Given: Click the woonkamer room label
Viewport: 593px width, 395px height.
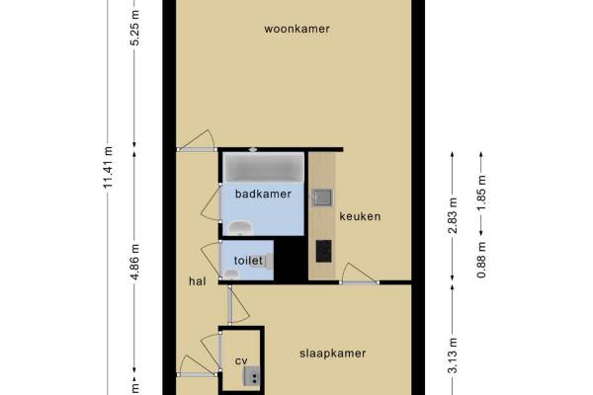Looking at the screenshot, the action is coord(296,29).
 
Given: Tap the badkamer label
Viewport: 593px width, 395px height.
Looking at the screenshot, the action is coord(263,194).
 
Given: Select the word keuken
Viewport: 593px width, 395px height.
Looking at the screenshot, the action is coord(360,216).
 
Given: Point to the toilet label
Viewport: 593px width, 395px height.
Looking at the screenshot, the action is coord(248,261).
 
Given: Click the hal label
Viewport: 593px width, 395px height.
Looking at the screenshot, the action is coord(198,281).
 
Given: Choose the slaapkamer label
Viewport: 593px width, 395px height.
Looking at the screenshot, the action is coord(333,354).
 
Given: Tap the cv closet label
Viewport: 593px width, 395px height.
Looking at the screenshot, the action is coord(241,361).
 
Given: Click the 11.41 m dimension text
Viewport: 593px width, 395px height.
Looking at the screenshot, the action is coord(108,167).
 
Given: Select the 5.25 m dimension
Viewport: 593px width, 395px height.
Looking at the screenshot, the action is coord(134,28).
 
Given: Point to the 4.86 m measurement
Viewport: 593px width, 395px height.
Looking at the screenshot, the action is coord(134,262).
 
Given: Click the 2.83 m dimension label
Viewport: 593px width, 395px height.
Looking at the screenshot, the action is coord(453,215).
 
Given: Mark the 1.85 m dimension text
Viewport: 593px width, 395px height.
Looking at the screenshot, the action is coord(481,193).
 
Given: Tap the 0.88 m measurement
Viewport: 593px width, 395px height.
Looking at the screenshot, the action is coord(481,260).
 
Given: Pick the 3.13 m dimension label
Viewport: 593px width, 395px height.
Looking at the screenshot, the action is coord(453,355).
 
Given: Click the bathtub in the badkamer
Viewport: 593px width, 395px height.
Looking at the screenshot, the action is coord(264,167).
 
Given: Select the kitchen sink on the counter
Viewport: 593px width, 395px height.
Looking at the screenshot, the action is coord(322,197).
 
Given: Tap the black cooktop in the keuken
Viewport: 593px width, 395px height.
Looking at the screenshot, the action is coord(324,251).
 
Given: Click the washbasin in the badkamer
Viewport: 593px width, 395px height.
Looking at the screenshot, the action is coord(241,227).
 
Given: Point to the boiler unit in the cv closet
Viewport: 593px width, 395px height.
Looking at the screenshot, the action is coord(251,375).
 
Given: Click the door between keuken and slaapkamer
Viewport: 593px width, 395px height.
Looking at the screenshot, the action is coord(360,274).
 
